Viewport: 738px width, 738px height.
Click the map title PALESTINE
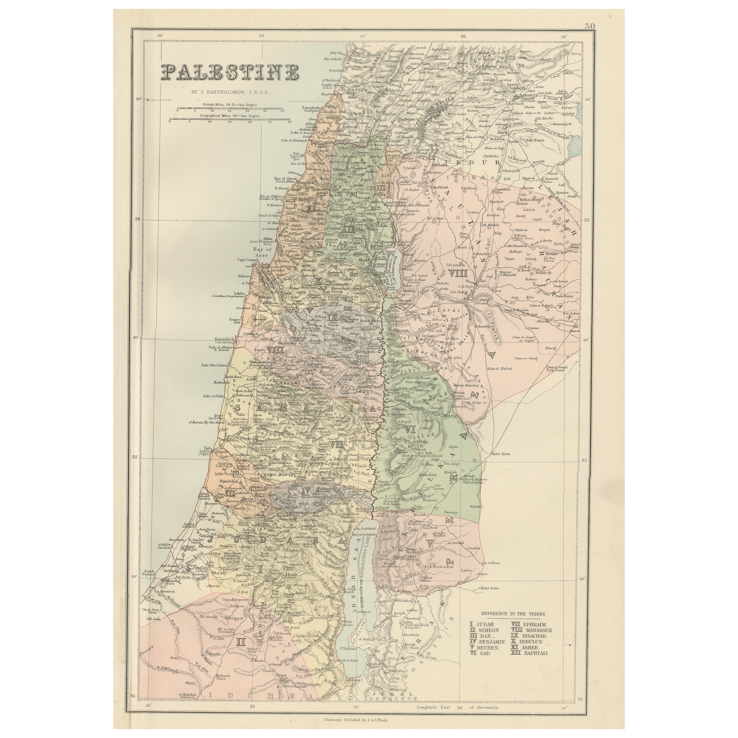pos(230,72)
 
